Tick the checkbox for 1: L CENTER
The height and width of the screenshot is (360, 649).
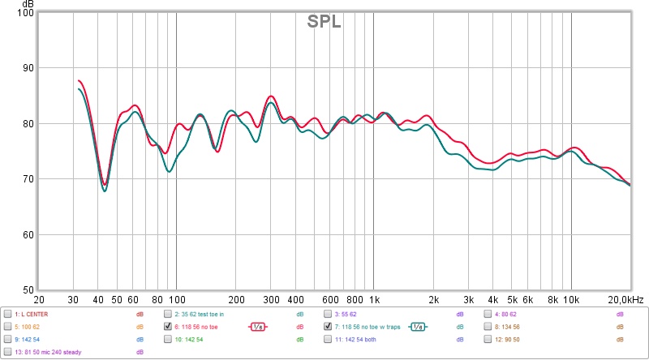click(7, 314)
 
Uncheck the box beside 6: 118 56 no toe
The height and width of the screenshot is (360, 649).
click(168, 327)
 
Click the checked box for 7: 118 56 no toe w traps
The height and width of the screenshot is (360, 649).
click(329, 327)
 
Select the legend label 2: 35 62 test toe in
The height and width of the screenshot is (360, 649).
click(204, 314)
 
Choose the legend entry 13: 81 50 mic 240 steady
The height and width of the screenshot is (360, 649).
click(49, 353)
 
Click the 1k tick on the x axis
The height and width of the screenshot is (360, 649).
click(373, 299)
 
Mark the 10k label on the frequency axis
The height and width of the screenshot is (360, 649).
click(571, 299)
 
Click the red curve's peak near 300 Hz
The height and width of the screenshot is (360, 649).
click(271, 96)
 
